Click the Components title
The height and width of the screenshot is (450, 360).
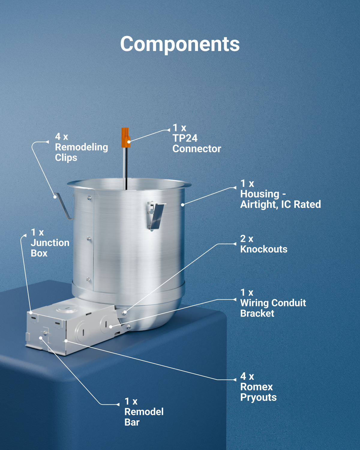[x=180, y=44]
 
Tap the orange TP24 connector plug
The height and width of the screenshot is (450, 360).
[x=125, y=138]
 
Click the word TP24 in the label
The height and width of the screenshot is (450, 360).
[x=185, y=138]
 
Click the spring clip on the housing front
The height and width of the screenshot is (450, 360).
[x=156, y=216]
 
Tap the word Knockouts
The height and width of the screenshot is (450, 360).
[x=264, y=249]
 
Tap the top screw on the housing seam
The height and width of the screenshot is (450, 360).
[x=89, y=198]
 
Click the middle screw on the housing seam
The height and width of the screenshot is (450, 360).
[x=89, y=238]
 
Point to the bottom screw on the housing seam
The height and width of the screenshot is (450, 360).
[x=88, y=279]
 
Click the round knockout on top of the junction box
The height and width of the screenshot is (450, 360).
[x=67, y=308]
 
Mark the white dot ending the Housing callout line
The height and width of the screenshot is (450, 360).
[x=183, y=205]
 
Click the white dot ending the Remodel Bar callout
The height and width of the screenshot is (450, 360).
[x=40, y=338]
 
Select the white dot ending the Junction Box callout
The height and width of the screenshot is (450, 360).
[x=31, y=313]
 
